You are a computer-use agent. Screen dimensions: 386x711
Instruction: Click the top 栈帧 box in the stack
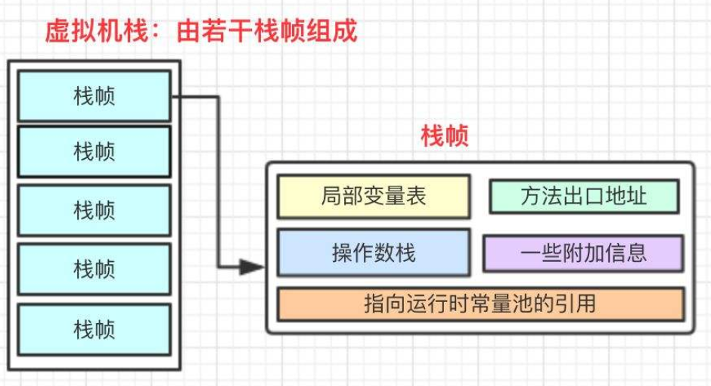point(94,96)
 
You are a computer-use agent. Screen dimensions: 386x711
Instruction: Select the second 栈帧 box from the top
point(94,152)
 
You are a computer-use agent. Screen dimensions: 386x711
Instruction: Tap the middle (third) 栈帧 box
point(94,210)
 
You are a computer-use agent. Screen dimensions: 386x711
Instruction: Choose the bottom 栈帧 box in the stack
point(94,328)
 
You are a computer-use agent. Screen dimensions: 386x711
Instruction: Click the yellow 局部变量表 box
point(374,196)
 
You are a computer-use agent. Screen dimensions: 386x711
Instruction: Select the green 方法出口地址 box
point(583,196)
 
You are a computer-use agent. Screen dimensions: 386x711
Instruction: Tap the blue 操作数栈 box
point(374,252)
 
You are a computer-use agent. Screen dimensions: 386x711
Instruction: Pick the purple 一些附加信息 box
point(583,253)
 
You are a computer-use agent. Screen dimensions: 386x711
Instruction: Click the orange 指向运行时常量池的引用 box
point(480,304)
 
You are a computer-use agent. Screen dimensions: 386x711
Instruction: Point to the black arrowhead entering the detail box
point(252,267)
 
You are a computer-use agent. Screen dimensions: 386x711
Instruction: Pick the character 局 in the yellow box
point(331,196)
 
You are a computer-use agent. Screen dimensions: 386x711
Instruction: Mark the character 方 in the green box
point(530,196)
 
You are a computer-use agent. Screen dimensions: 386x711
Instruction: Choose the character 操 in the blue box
point(341,252)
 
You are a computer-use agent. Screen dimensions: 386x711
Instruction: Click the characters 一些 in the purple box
point(541,253)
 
